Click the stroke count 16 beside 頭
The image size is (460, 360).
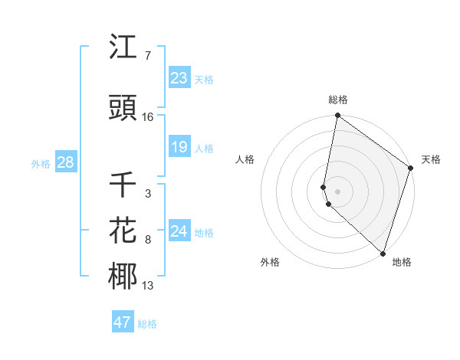point(148,117)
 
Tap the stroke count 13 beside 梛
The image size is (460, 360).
point(148,286)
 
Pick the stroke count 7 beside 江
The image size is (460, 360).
point(147,56)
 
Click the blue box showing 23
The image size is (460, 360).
point(179,78)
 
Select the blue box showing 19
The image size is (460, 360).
point(179,147)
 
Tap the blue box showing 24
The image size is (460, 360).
point(179,231)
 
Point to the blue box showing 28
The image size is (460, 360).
point(65,162)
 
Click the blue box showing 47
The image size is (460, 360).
point(123,322)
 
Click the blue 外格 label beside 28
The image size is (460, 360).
point(41,163)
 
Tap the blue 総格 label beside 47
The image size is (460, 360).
point(147,324)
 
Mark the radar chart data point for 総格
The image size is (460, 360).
point(337,116)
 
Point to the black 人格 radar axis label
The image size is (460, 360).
point(245,159)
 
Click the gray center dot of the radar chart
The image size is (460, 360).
point(337,189)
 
